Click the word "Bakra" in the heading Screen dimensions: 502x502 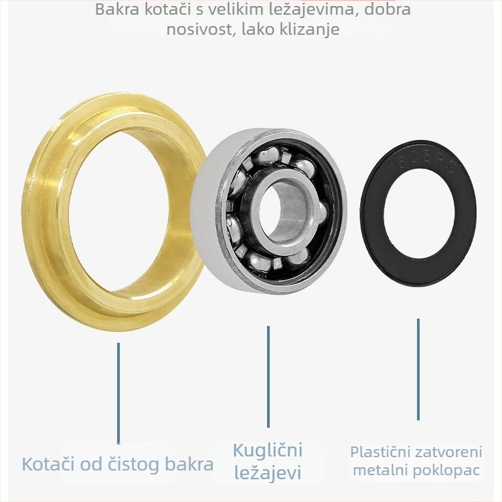click(117, 9)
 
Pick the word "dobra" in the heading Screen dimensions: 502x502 click(388, 9)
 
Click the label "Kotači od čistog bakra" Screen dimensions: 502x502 click(118, 464)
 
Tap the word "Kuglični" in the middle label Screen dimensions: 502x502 click(268, 450)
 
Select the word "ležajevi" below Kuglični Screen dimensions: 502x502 click(268, 472)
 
